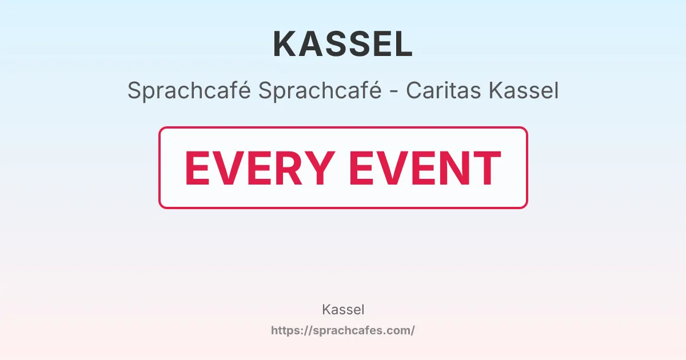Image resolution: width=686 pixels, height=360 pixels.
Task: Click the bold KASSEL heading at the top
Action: [343, 44]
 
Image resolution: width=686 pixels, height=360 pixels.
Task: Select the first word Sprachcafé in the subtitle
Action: [189, 91]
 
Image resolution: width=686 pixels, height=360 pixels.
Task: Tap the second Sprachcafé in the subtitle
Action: [320, 91]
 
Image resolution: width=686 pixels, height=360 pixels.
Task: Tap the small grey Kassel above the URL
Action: [343, 310]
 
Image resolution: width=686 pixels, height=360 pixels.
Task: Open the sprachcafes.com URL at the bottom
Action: [343, 330]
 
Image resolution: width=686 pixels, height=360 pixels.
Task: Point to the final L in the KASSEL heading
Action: [404, 44]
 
